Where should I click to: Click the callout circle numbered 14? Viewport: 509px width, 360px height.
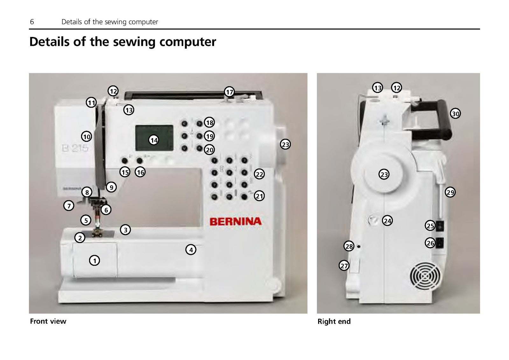pos(154,140)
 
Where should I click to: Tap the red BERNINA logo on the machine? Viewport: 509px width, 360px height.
pos(235,221)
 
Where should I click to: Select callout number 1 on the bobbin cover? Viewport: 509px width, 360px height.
pos(94,261)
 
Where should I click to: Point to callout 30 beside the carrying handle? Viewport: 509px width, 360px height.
pos(456,114)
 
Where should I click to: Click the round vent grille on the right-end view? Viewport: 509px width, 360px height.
pos(425,276)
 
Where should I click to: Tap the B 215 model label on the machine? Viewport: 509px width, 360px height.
pos(75,148)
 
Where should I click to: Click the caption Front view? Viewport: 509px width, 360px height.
pos(48,321)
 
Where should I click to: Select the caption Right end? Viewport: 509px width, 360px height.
pos(334,321)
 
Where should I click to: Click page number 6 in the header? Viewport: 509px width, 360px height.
pos(32,22)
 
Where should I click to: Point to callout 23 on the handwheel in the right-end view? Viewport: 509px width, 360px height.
pos(384,174)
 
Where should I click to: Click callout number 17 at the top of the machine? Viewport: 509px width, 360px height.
pos(229,92)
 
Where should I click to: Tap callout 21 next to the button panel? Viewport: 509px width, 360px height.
pos(260,196)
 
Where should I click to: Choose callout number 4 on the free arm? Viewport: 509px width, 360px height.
pos(191,250)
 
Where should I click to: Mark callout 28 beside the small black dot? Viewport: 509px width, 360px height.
pos(349,246)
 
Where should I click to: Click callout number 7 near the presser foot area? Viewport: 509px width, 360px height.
pos(69,206)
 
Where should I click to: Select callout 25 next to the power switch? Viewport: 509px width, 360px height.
pos(430,226)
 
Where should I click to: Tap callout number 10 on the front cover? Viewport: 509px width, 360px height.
pos(87,137)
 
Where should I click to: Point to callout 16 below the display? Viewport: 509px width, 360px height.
pos(140,172)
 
